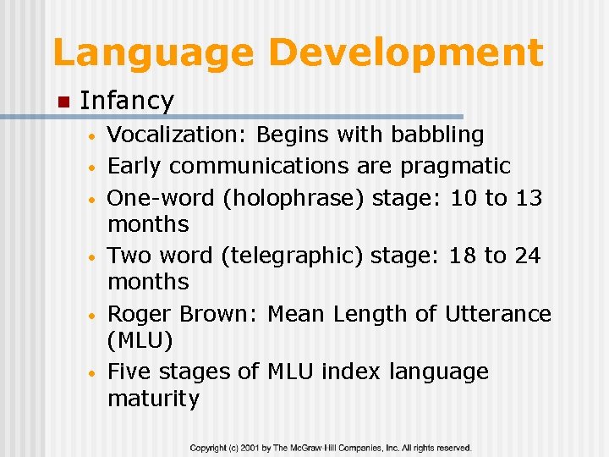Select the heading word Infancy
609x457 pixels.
point(126,101)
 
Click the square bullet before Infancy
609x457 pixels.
point(62,102)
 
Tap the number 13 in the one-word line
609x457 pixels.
point(529,198)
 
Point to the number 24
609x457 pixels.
point(527,256)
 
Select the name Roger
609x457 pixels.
point(140,314)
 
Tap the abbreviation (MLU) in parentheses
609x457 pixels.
point(140,340)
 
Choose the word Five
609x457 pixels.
point(129,372)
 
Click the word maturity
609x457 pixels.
point(153,399)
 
